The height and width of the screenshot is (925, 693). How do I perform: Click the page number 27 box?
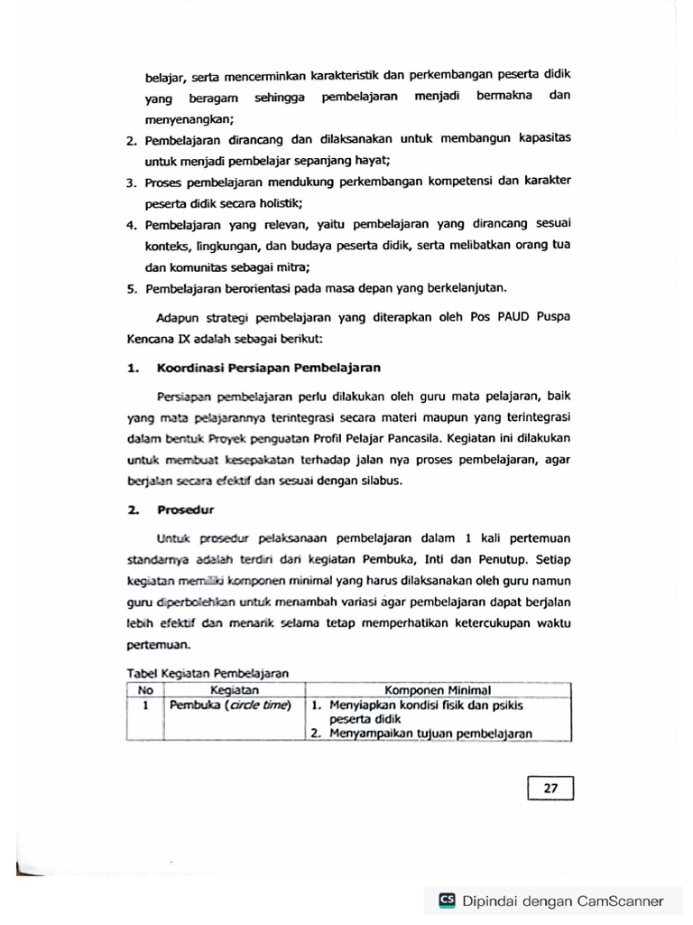tap(550, 789)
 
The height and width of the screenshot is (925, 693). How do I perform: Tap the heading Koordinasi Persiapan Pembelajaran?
tap(268, 368)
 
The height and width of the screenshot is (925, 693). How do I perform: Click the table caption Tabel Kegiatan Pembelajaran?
tap(208, 673)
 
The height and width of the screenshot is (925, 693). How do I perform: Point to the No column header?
tap(144, 689)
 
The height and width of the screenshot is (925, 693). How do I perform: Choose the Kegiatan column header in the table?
tap(228, 689)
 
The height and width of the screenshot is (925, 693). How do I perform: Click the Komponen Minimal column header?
tap(437, 689)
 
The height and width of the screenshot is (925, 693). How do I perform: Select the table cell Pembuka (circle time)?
tap(229, 704)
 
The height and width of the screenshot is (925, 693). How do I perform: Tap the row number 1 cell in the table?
tap(144, 704)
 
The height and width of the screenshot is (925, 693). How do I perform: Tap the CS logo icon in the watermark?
tap(447, 900)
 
